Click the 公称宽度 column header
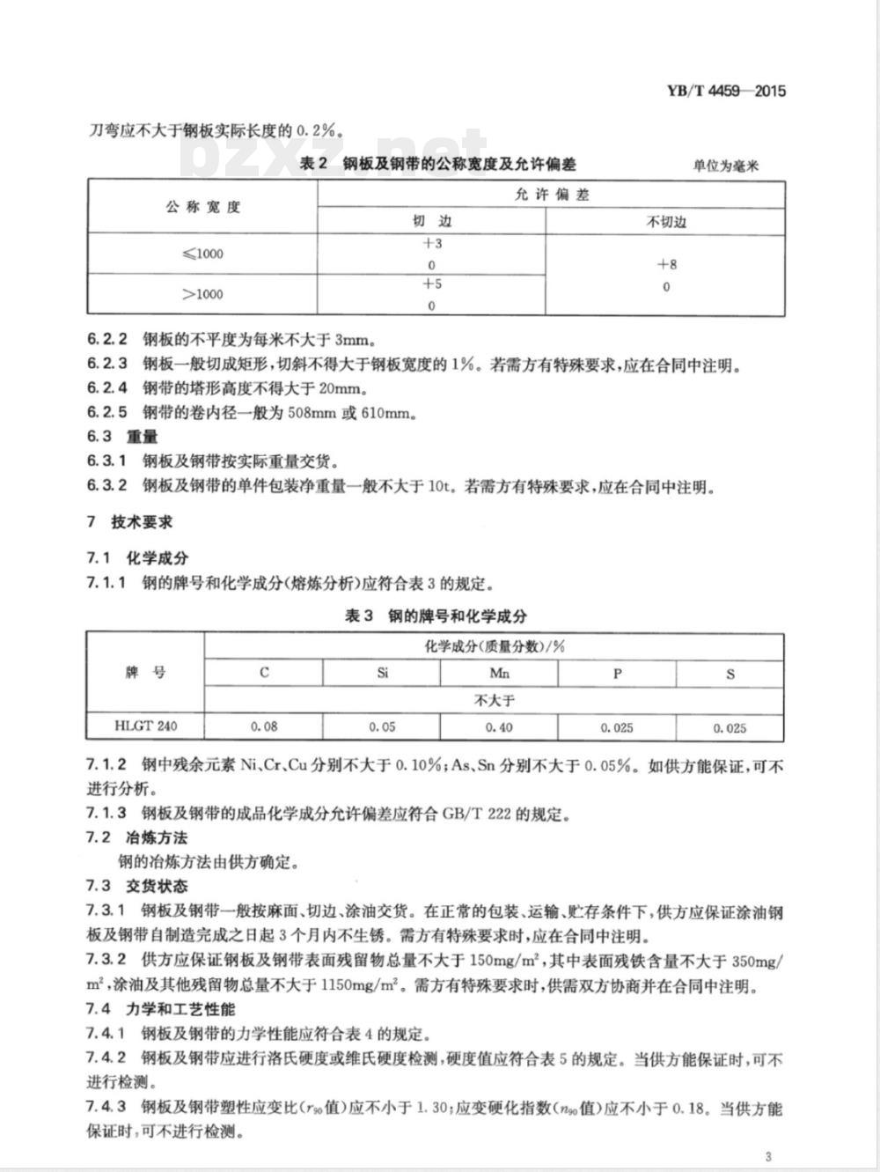coord(202,208)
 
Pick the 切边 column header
coord(431,221)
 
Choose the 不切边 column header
coord(665,222)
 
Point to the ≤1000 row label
coord(202,254)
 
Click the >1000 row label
coord(202,294)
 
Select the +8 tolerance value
coord(666,264)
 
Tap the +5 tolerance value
coord(431,284)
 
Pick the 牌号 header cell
coord(145,673)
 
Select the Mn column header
coord(499,674)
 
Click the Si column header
coord(382,674)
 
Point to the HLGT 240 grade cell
coord(145,726)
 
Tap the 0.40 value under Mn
coord(499,727)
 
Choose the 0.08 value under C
coord(264,727)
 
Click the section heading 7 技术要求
coord(129,522)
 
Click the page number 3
coord(768,1156)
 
